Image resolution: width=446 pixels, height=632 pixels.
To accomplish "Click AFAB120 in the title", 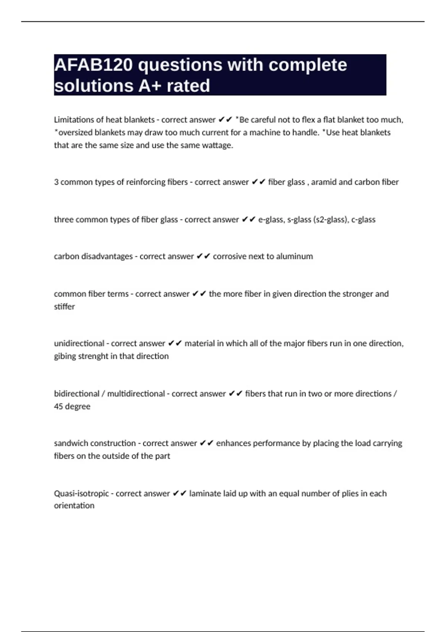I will [x=93, y=65].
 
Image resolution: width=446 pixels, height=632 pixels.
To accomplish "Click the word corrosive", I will [x=230, y=257].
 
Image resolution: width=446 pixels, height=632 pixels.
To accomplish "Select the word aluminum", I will [x=294, y=257].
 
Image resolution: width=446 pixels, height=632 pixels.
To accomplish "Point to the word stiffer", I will [x=64, y=307].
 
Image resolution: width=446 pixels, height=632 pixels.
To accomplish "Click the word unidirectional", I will [x=79, y=344].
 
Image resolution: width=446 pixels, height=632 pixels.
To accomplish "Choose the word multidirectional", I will [x=136, y=394].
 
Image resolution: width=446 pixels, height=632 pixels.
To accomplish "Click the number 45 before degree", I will [x=58, y=406].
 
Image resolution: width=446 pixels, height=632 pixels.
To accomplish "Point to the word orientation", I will [x=74, y=506].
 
